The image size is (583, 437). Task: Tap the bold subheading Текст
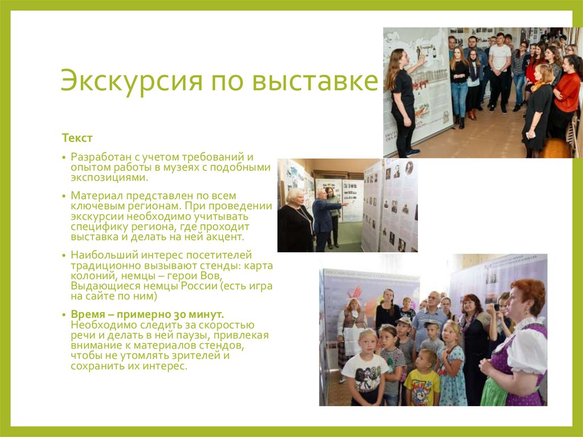77,138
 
